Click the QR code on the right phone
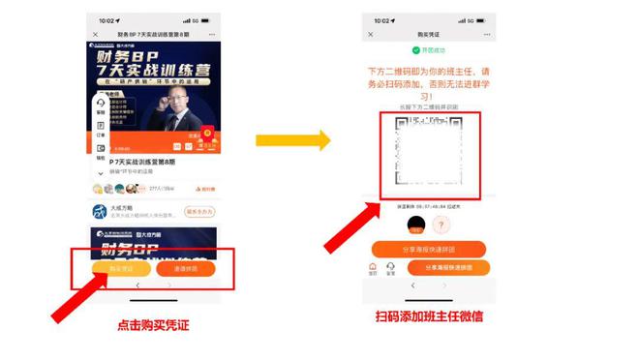coord(427,155)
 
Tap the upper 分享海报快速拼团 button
coord(426,250)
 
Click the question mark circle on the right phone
coord(441,225)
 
